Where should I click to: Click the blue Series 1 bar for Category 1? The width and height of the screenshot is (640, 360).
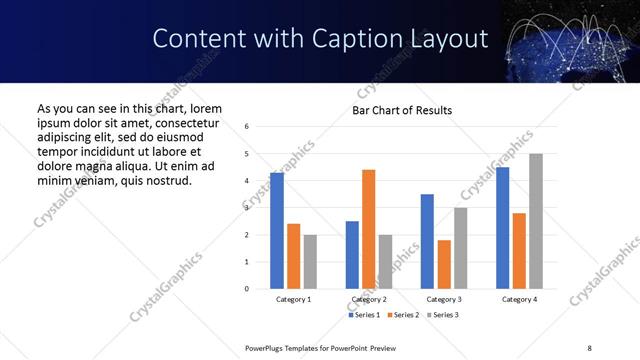[x=277, y=231]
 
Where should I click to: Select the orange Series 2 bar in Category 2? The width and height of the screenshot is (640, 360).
[x=368, y=229]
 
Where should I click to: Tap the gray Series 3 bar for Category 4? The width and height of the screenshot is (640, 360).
[x=536, y=221]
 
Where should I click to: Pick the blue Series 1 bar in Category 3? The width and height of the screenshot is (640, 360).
[x=427, y=241]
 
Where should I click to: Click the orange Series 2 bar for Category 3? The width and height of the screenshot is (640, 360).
[x=444, y=264]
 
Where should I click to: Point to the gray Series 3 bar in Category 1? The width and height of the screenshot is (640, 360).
[x=310, y=261]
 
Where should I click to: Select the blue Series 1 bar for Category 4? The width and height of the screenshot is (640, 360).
[x=503, y=228]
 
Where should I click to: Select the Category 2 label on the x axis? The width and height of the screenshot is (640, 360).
[x=369, y=299]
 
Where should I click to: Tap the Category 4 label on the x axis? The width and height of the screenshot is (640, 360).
[x=519, y=299]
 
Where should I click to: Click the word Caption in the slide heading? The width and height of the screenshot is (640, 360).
[x=366, y=39]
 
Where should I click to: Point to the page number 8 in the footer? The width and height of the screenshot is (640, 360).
[x=588, y=346]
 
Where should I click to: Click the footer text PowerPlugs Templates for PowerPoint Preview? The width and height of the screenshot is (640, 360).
[x=321, y=346]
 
